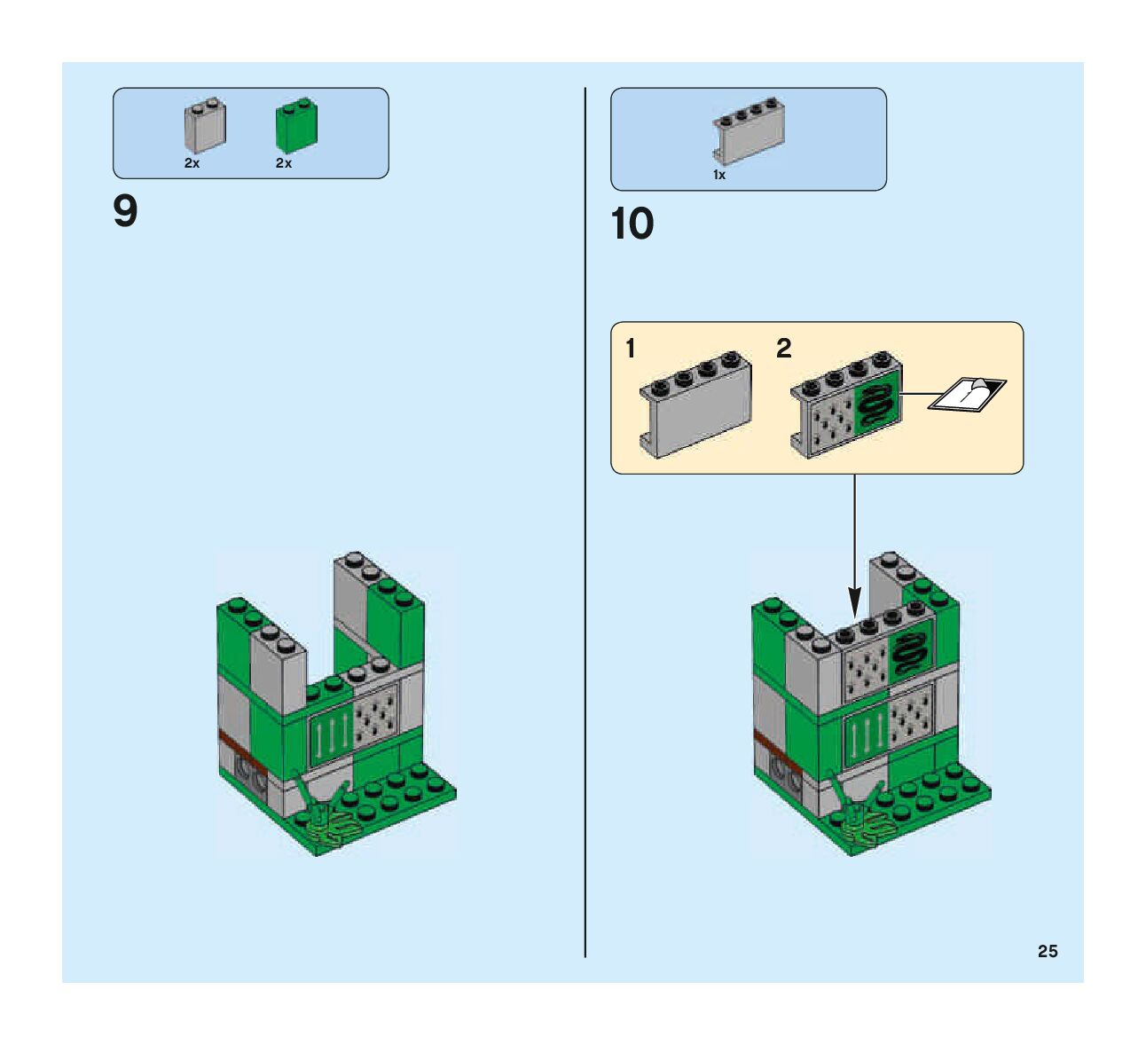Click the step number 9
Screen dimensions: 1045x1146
(x=126, y=212)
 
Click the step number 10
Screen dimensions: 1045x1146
(x=632, y=224)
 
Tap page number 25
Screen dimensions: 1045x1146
(x=1048, y=951)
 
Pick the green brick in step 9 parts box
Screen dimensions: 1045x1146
(x=297, y=126)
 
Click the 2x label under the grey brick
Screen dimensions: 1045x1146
(x=192, y=163)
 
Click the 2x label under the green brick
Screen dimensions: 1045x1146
(x=284, y=163)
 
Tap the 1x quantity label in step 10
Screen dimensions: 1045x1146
(x=719, y=175)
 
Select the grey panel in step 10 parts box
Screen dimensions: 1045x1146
(x=750, y=132)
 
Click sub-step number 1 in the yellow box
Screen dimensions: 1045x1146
(x=631, y=349)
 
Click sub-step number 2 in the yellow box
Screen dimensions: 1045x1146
(x=783, y=349)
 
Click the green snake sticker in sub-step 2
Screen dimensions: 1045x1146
(x=876, y=404)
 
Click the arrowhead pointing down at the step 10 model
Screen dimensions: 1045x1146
(x=854, y=603)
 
